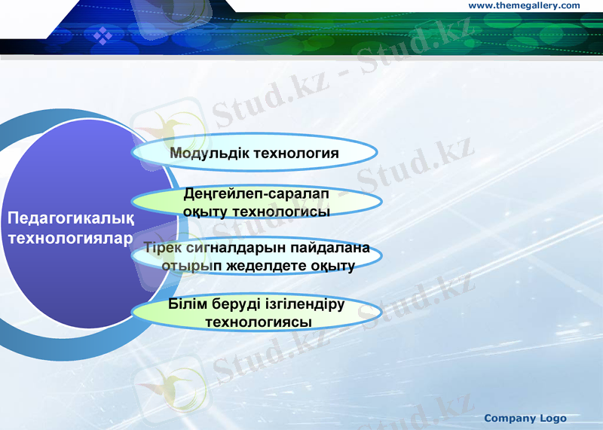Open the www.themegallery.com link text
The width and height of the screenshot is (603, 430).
[524, 5]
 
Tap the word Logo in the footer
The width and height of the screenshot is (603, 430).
[553, 418]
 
